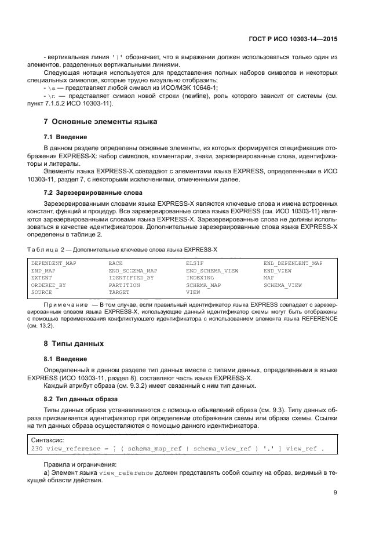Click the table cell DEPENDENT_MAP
pos(53,263)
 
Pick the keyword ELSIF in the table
pos(195,263)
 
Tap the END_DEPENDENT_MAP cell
pos(293,263)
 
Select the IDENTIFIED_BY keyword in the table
pos(131,278)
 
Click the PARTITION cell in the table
pos(124,285)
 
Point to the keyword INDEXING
pos(200,278)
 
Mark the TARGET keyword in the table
pos(119,293)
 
